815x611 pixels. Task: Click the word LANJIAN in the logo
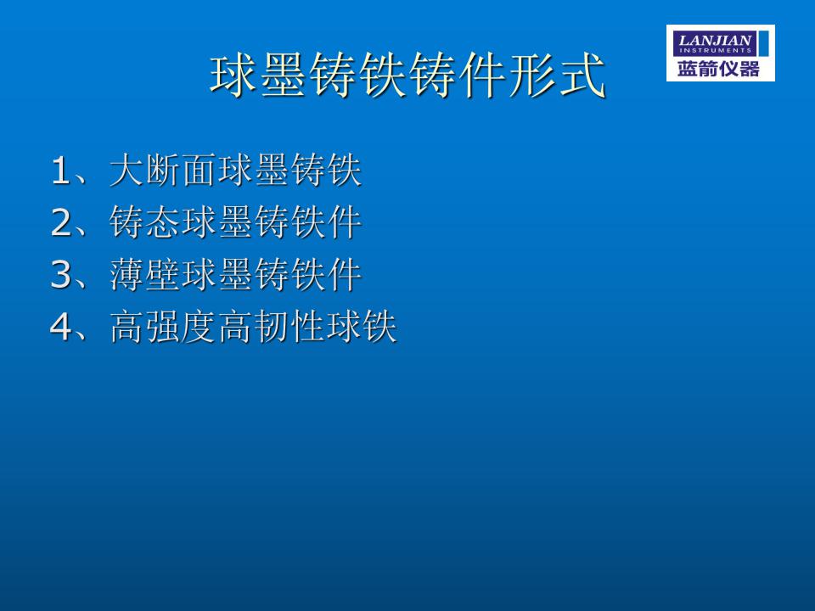point(715,40)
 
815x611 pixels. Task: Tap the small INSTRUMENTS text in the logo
point(715,50)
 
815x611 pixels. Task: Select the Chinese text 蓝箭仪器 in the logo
point(718,69)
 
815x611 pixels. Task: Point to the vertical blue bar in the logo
point(763,43)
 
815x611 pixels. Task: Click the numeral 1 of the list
point(60,171)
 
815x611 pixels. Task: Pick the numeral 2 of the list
point(61,223)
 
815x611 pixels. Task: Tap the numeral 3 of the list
point(61,275)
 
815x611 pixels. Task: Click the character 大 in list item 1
point(126,170)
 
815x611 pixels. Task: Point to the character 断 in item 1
point(163,170)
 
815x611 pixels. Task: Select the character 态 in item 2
point(163,221)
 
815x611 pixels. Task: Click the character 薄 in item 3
point(126,274)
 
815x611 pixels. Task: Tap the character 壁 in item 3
point(163,274)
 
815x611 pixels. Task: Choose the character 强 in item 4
point(163,326)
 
